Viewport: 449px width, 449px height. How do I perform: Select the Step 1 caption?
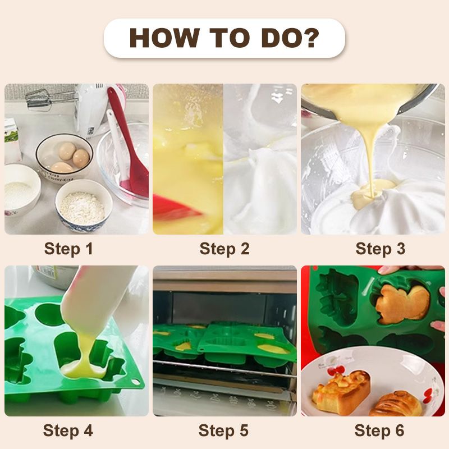[68, 249]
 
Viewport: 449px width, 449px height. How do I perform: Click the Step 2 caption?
[224, 249]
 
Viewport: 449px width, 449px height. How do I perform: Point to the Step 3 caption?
[380, 249]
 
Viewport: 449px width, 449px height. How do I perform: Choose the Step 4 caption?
[68, 431]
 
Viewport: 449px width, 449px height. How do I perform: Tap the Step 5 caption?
[224, 431]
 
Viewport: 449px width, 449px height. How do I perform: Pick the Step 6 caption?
[380, 431]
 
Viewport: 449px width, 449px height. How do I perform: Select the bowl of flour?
[83, 205]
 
